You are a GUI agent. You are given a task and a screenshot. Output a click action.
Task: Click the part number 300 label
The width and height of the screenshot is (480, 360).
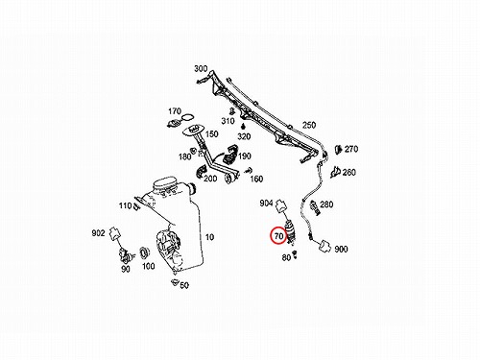(x=201, y=68)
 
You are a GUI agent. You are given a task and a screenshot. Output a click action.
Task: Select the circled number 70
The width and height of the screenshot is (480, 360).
(x=278, y=236)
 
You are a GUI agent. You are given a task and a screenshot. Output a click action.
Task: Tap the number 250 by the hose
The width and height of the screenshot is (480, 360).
(x=309, y=125)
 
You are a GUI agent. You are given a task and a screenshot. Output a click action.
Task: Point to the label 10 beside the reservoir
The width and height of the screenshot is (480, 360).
(x=209, y=237)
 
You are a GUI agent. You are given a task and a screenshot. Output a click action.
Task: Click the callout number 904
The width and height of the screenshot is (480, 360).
(x=266, y=203)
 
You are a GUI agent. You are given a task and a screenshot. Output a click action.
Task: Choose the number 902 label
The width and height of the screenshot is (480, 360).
(x=98, y=233)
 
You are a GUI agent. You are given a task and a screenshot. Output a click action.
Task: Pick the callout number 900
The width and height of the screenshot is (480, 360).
(x=341, y=249)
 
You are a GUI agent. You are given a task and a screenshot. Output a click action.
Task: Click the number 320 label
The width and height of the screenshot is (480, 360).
(x=244, y=136)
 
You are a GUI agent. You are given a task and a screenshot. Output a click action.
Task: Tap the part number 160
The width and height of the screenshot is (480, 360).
(x=256, y=179)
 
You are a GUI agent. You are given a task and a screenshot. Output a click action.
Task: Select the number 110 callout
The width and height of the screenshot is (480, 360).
(x=126, y=205)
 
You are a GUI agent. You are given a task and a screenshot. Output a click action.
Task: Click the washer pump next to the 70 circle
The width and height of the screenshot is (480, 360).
(x=291, y=230)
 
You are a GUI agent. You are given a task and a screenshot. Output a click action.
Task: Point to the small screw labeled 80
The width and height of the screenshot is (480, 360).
(x=295, y=254)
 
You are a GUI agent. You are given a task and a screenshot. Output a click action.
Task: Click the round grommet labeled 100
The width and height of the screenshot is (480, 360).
(x=145, y=252)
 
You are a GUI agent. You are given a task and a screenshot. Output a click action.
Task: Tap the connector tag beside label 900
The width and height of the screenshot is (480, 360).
(x=324, y=247)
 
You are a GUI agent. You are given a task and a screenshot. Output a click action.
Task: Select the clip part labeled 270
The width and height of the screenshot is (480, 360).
(x=339, y=149)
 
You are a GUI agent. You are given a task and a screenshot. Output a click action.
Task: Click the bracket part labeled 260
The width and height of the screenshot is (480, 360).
(x=335, y=172)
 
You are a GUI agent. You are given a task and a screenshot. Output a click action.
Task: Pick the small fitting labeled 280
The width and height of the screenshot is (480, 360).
(x=315, y=207)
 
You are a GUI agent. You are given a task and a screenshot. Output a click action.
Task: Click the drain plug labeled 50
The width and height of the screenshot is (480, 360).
(x=175, y=282)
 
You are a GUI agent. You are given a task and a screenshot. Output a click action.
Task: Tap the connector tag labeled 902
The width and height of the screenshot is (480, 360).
(x=114, y=233)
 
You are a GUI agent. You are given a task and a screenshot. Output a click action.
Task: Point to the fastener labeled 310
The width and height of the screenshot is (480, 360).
(x=232, y=111)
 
